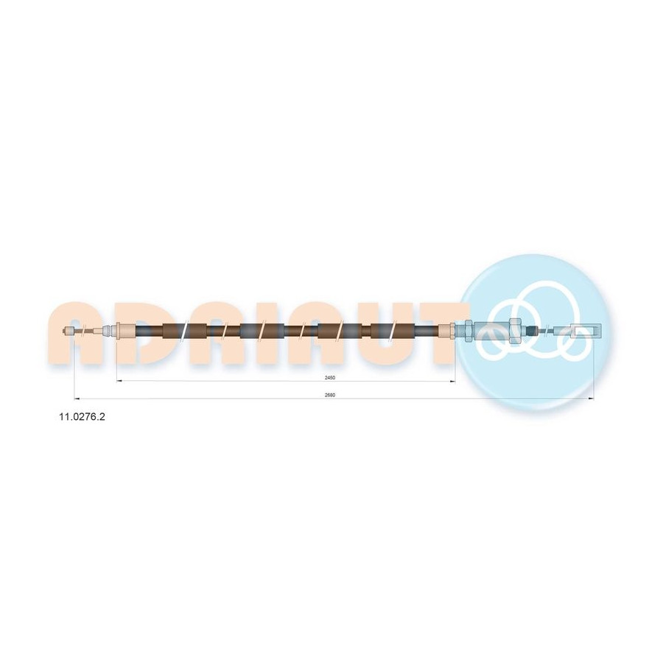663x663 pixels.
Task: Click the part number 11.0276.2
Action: (82, 417)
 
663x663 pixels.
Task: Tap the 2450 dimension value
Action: (330, 378)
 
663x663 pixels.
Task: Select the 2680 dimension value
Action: (330, 395)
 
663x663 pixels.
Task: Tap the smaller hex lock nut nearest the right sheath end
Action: (469, 330)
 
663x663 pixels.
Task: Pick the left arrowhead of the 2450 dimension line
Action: (119, 381)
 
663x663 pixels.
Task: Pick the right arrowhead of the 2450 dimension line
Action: (452, 381)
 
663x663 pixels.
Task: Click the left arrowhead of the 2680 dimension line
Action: (77, 399)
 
